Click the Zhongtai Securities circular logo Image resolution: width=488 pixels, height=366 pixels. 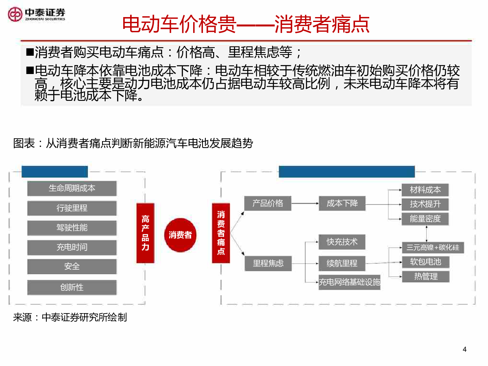[x=15, y=15]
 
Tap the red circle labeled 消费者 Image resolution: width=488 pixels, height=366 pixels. [x=180, y=235]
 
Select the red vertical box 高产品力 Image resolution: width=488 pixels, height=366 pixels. [x=145, y=233]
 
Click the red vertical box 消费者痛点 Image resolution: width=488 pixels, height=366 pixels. [x=221, y=233]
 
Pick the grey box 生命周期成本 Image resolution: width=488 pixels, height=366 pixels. [x=72, y=188]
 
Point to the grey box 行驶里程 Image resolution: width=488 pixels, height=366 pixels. [x=72, y=208]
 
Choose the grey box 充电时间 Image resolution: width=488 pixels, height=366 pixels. [x=72, y=247]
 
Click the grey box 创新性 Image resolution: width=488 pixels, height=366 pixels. [x=72, y=288]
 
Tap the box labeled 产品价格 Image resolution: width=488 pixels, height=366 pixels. [x=268, y=203]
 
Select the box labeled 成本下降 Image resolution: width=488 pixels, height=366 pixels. [x=342, y=203]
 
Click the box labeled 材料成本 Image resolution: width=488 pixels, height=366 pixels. [x=425, y=190]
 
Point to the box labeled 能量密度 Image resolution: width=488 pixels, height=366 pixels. [x=425, y=219]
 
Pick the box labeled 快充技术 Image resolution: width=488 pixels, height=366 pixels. [x=342, y=242]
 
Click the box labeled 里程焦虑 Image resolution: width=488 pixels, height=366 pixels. [x=268, y=264]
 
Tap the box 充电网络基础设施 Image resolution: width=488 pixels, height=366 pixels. [x=349, y=282]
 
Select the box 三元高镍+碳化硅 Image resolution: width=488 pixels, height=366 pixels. [x=433, y=248]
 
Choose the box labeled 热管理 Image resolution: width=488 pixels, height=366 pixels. [x=426, y=277]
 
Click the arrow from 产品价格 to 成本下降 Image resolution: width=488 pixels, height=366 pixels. [x=305, y=203]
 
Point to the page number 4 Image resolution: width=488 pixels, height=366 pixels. [x=464, y=349]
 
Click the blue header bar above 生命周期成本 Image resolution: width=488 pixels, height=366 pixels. [x=54, y=171]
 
